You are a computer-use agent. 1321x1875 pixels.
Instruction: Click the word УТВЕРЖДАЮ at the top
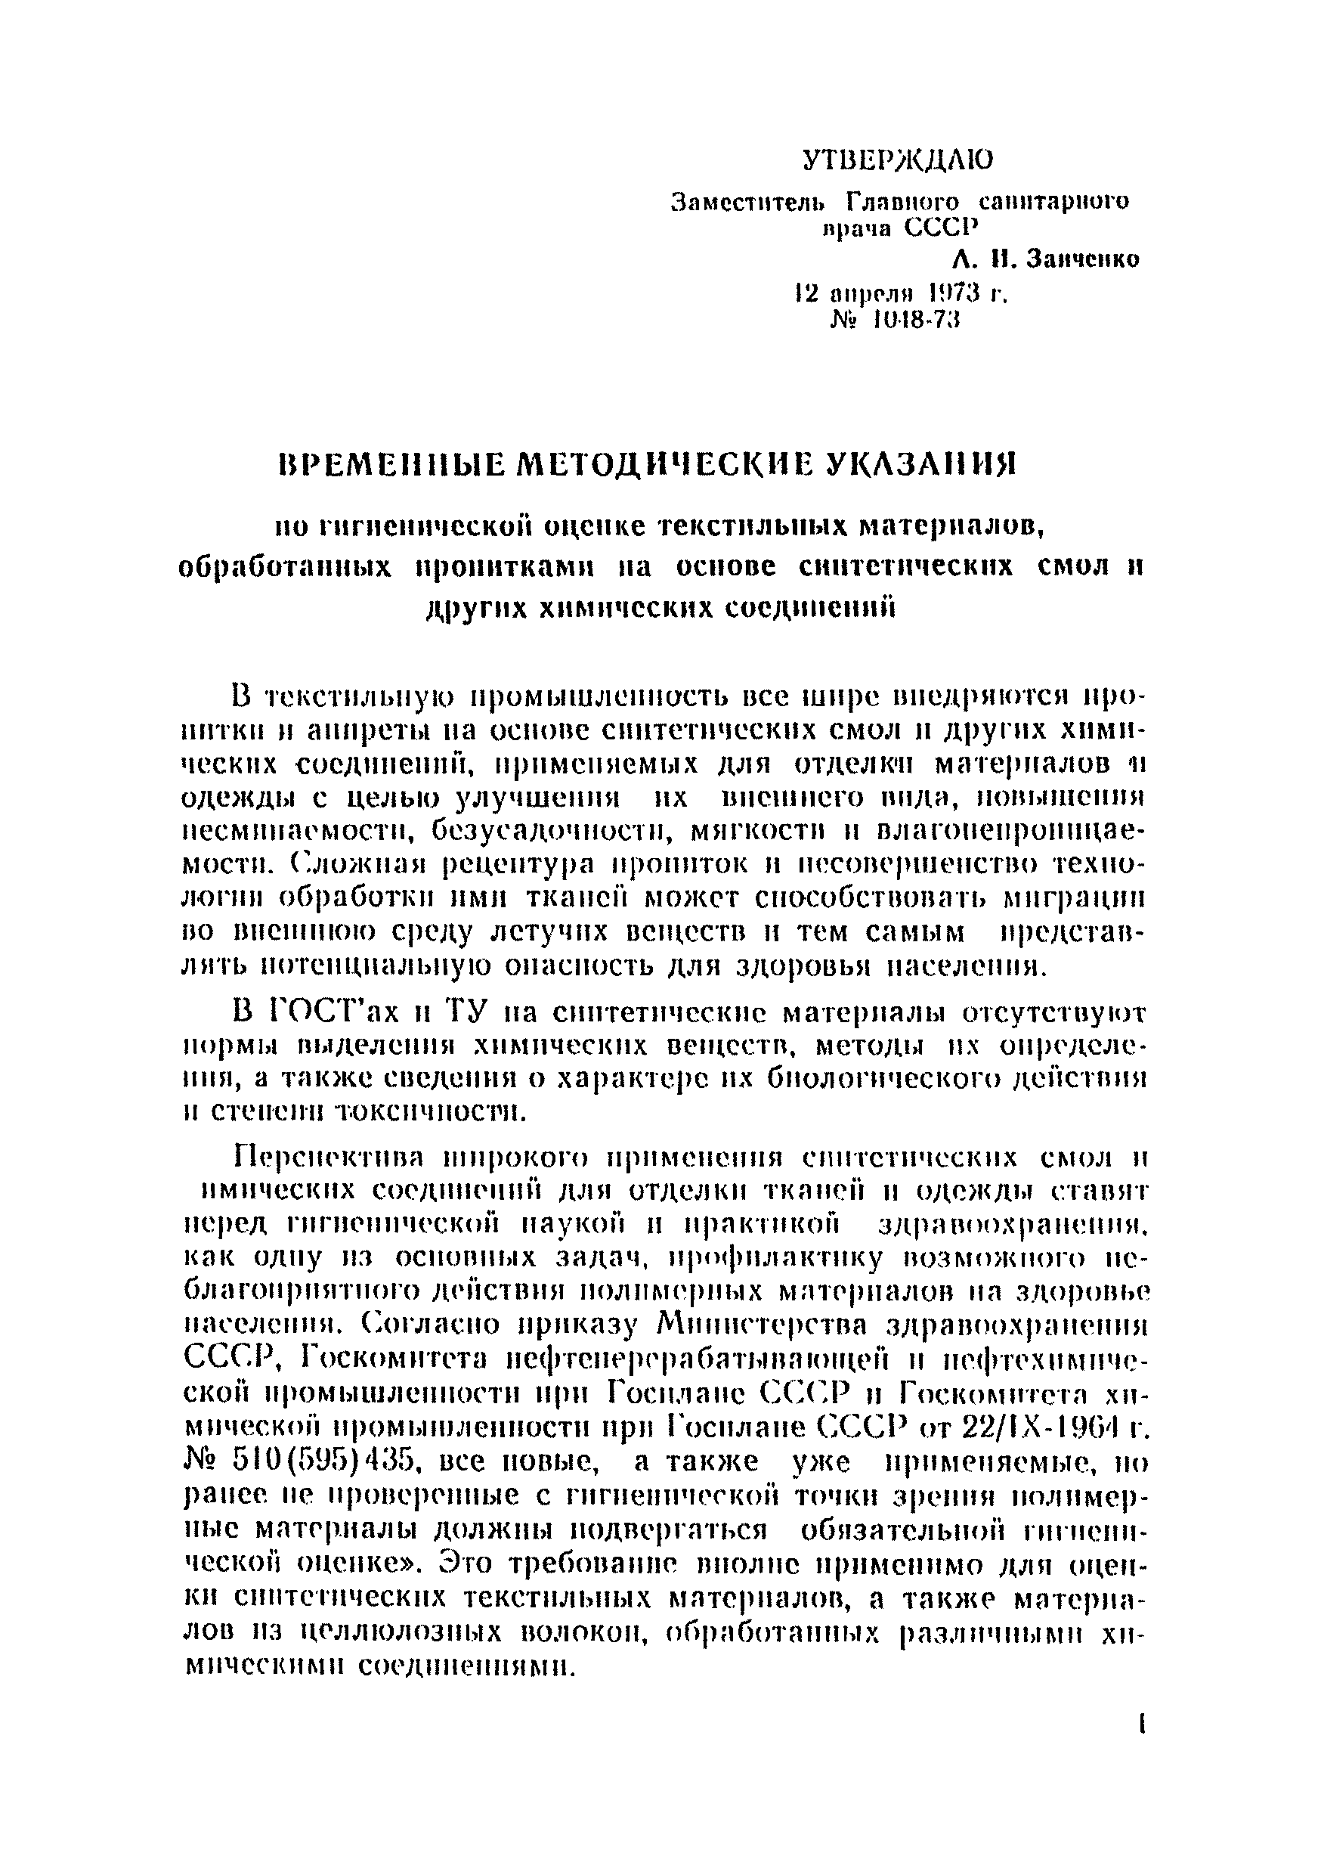click(x=898, y=161)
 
